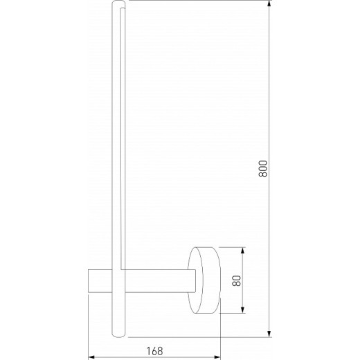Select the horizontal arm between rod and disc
pos(159,281)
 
